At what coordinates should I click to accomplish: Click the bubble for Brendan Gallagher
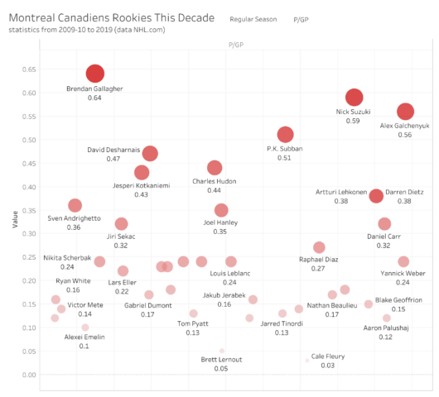pyautogui.click(x=95, y=74)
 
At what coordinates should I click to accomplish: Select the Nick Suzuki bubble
pyautogui.click(x=354, y=97)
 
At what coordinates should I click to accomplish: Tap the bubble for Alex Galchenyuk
pyautogui.click(x=405, y=112)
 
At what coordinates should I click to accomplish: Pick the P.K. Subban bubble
pyautogui.click(x=286, y=135)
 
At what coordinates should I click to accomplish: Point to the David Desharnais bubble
pyautogui.click(x=150, y=153)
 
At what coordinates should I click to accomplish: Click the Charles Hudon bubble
pyautogui.click(x=215, y=168)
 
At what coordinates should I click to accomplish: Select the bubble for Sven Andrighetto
pyautogui.click(x=75, y=205)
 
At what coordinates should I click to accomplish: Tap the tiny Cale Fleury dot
pyautogui.click(x=306, y=361)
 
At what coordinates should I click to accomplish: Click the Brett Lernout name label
pyautogui.click(x=221, y=360)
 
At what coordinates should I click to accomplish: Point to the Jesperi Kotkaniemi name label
pyautogui.click(x=141, y=185)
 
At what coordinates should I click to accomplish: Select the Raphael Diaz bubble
pyautogui.click(x=319, y=247)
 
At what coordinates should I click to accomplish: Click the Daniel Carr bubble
pyautogui.click(x=384, y=223)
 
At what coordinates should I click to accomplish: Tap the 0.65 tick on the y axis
pyautogui.click(x=31, y=69)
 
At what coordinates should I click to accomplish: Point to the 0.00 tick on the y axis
pyautogui.click(x=31, y=375)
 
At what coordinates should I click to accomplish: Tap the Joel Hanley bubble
pyautogui.click(x=221, y=210)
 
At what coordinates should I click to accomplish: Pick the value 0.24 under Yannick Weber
pyautogui.click(x=403, y=281)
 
